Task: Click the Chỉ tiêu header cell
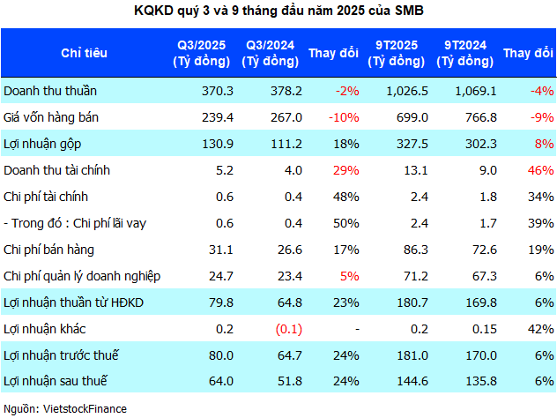(x=85, y=53)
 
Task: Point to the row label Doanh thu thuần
(x=50, y=90)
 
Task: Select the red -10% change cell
(x=343, y=116)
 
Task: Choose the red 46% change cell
(x=540, y=169)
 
